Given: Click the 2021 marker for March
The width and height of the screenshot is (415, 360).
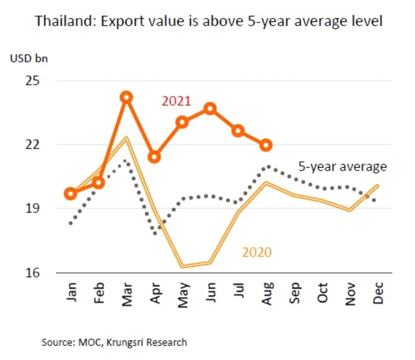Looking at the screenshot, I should coord(126,97).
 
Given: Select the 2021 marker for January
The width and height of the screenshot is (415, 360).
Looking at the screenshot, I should coord(70,193).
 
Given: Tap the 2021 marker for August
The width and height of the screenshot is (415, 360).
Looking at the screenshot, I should coord(266,145).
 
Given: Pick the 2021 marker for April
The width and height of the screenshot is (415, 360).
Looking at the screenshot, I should coord(155,157).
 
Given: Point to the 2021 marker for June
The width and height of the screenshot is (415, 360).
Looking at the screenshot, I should coord(210,109).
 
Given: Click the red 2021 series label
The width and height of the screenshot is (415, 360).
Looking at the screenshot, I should coord(176,101).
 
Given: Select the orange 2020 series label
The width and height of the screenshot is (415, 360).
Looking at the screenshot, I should coord(257,252).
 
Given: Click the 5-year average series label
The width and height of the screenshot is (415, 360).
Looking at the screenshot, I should coord(342,167).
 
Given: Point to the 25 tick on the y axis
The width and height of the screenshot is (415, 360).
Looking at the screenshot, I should coord(33,81).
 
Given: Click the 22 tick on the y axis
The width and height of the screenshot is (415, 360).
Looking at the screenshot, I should coord(33,145).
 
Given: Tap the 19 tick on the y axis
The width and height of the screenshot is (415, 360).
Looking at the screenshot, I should coord(33,209).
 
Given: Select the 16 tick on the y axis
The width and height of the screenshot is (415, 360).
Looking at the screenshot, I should coord(33,273).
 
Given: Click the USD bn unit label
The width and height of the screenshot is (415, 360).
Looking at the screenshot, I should coord(29,58).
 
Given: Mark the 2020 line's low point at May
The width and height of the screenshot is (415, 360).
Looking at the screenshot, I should coord(182,266).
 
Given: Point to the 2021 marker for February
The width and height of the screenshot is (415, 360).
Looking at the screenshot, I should coord(98,183).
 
